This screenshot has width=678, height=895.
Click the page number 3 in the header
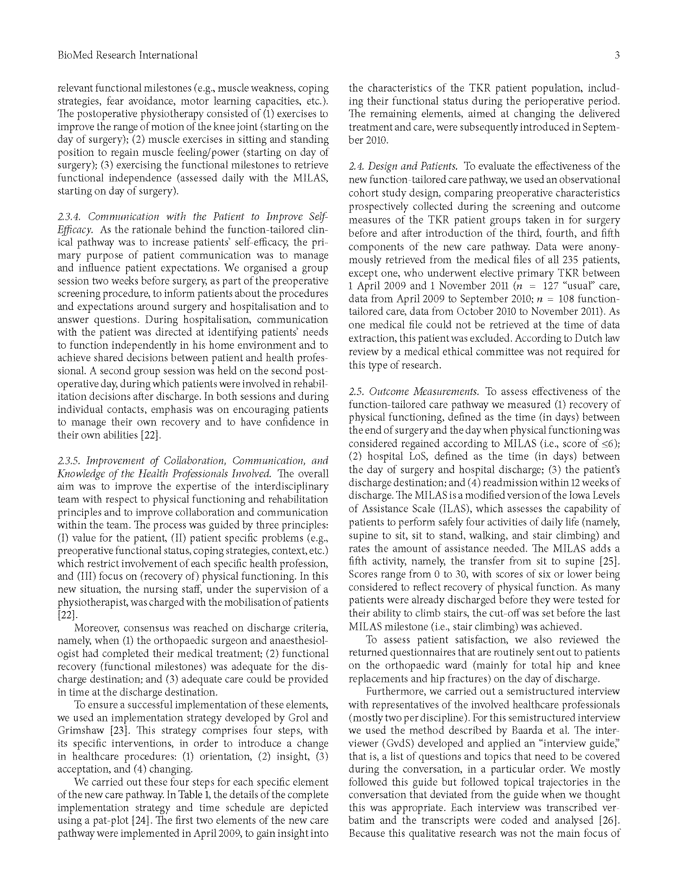point(617,55)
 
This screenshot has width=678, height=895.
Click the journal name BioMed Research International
point(128,55)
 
